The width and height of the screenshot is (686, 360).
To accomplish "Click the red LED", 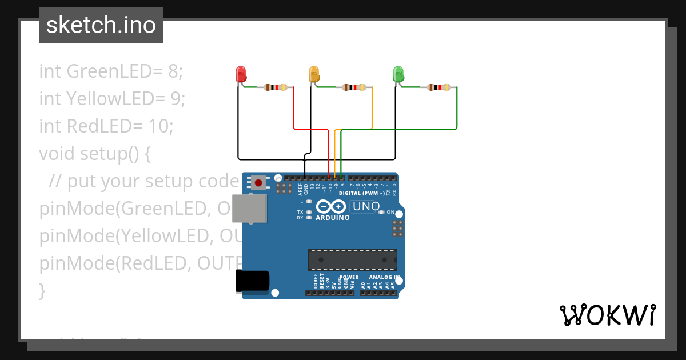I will (241, 74).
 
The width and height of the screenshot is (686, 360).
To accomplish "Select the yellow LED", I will (313, 74).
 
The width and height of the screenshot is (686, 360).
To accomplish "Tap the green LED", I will (398, 74).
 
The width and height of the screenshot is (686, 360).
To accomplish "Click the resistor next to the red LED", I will (276, 87).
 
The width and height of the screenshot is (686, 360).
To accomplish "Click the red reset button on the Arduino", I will (258, 183).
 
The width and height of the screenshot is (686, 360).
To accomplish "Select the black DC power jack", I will (252, 281).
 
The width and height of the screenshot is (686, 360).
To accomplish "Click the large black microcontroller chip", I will (352, 259).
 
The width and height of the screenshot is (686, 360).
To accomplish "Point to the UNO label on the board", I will (366, 206).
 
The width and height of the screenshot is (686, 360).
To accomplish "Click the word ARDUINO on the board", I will (332, 218).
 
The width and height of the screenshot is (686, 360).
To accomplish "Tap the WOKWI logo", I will (607, 315).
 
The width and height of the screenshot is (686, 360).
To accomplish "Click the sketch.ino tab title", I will (101, 25).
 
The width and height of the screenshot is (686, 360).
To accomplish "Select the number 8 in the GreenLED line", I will (173, 71).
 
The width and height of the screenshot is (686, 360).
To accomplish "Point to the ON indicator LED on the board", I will (382, 212).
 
